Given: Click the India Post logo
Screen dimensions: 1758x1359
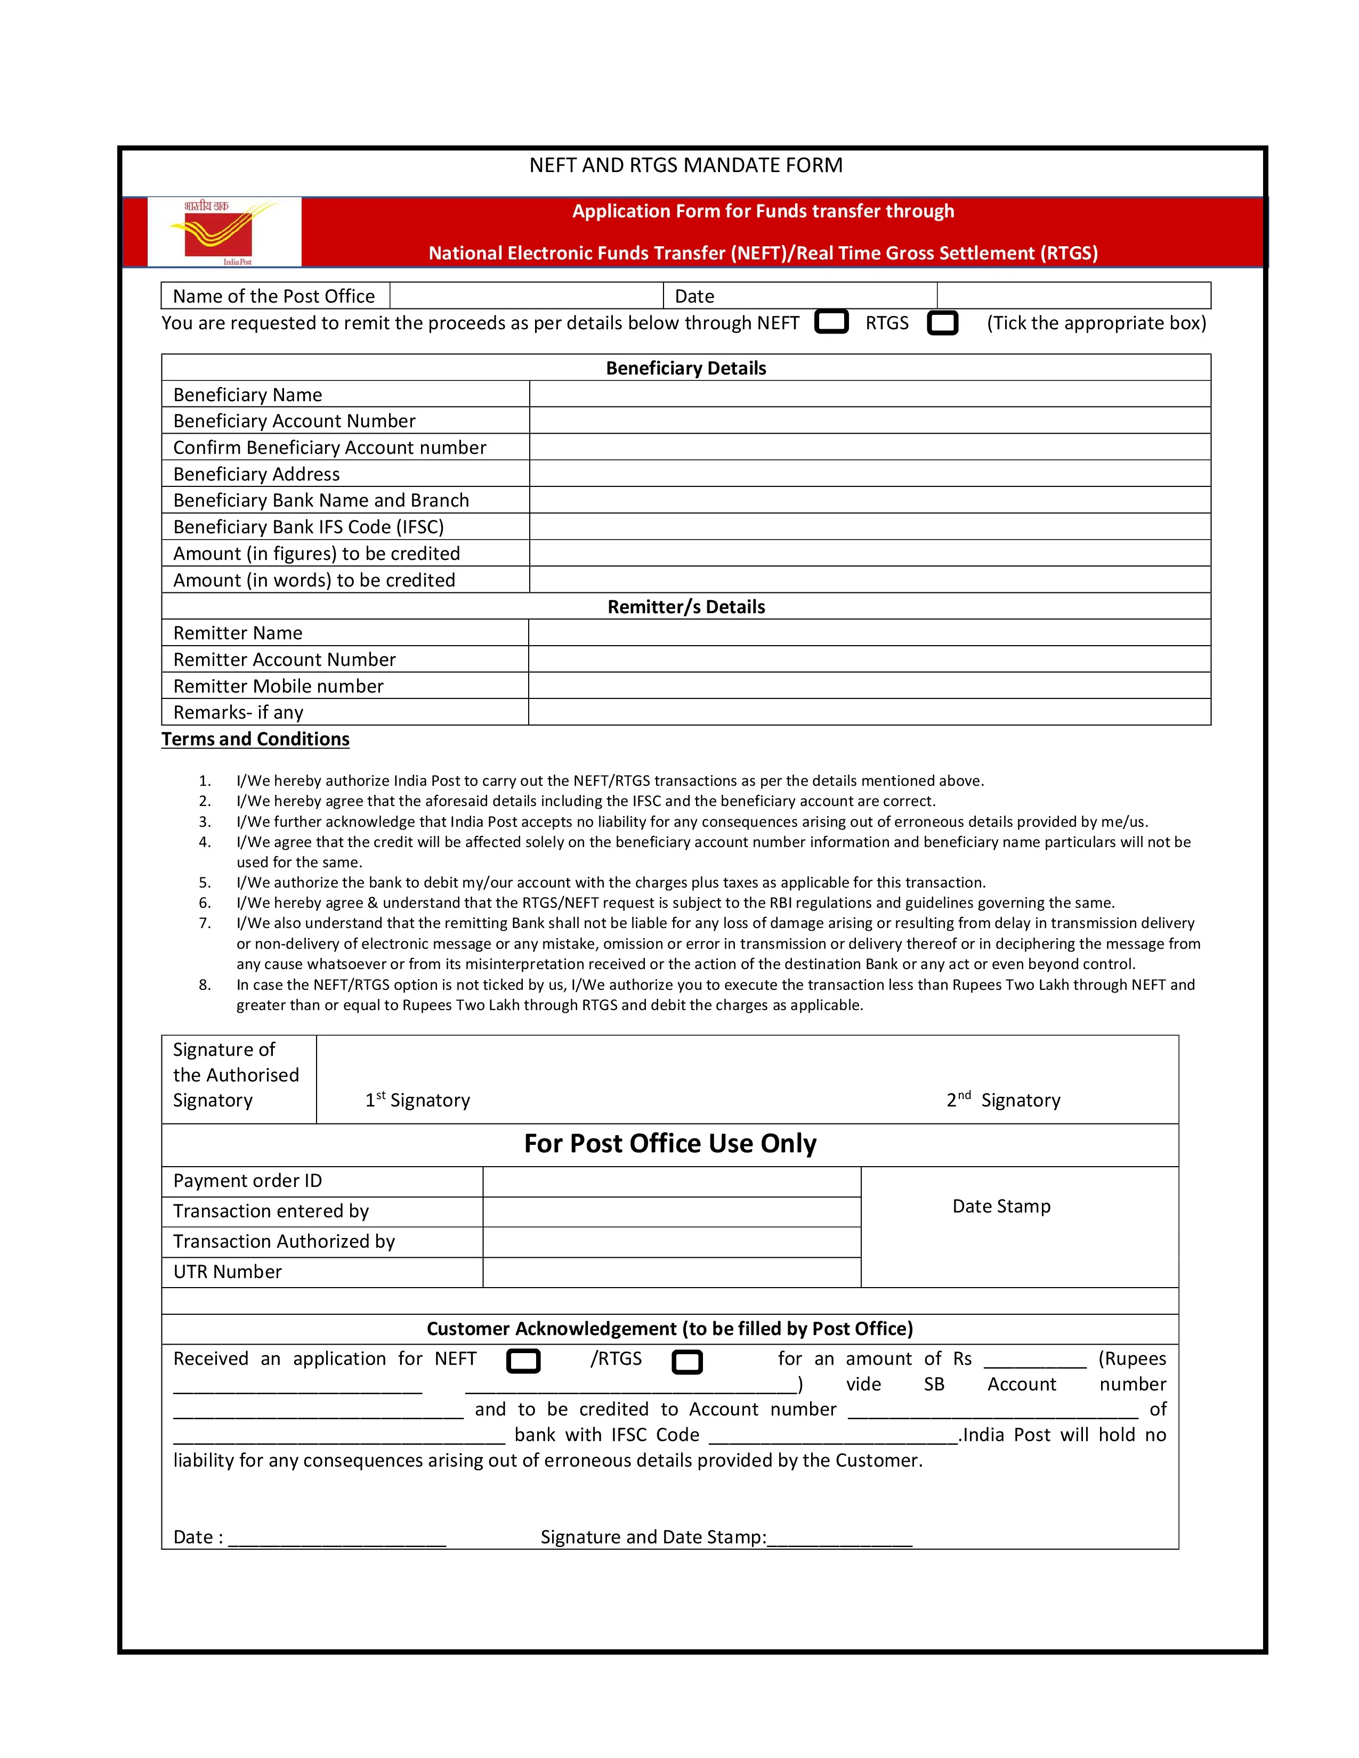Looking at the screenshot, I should click(224, 232).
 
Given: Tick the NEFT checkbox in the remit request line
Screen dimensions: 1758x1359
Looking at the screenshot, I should click(831, 322).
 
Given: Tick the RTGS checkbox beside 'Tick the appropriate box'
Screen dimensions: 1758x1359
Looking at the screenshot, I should click(942, 323).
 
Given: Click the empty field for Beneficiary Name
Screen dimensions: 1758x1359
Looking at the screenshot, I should click(870, 394).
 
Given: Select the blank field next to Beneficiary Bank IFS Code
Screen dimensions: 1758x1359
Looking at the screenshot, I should click(870, 526).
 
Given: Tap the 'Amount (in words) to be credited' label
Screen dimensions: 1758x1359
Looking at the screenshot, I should click(314, 580).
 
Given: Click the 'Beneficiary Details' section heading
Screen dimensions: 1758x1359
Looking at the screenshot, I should click(686, 368).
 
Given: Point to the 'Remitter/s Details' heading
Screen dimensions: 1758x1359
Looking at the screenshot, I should click(686, 607).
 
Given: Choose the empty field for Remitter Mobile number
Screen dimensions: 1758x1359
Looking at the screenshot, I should click(870, 686).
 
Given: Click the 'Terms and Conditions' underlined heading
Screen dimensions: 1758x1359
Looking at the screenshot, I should click(255, 739).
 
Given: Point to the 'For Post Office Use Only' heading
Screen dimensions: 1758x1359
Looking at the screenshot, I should click(670, 1144).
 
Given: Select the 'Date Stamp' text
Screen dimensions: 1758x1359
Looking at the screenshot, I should click(1001, 1206).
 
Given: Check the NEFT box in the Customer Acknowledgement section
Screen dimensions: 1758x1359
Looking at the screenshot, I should click(523, 1361).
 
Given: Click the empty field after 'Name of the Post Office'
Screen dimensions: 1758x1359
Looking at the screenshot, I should click(527, 296).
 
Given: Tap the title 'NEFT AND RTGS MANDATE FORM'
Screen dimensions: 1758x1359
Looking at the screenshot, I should click(686, 165).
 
